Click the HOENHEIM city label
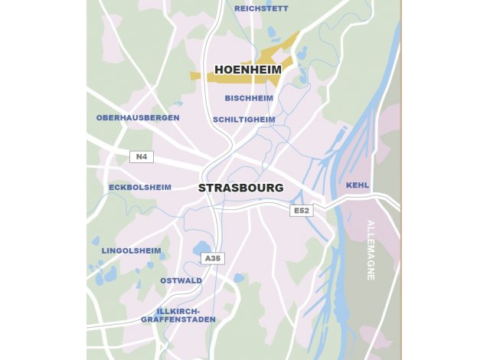pos(247,70)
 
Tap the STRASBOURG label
pos(240,188)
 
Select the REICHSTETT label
pos(261,8)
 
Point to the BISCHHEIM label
pos(249,98)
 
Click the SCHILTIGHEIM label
pos(243,119)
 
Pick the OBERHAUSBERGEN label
pos(138,118)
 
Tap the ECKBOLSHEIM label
pos(140,187)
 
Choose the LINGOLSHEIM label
pos(131,250)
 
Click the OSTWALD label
pos(181,280)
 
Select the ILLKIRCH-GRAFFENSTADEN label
pos(178,315)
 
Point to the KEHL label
pos(357,185)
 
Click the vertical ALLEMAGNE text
pos(371,250)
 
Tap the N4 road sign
pos(141,157)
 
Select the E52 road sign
pos(301,211)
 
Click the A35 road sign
pos(213,259)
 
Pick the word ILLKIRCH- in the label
pos(178,310)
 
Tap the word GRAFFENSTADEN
pos(178,319)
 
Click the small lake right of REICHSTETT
pos(272,32)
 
